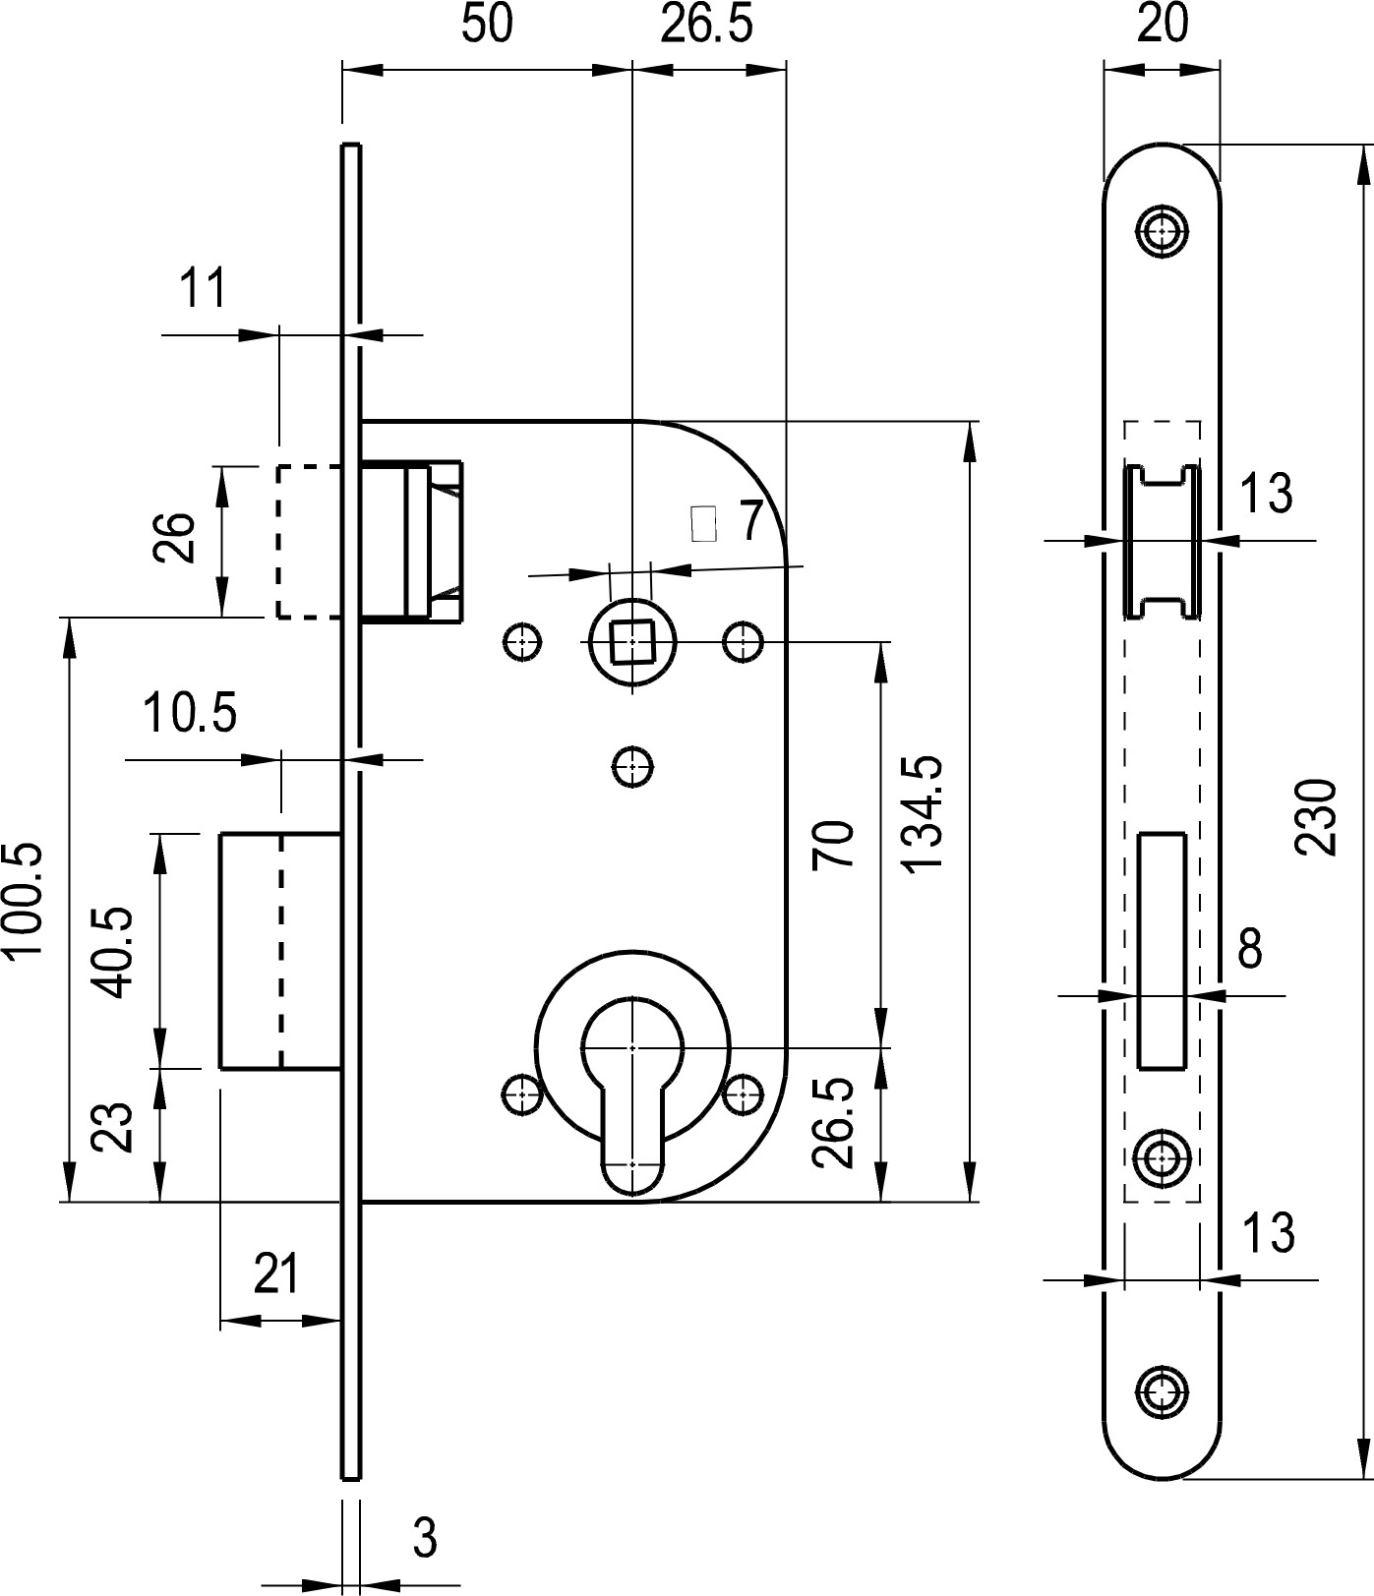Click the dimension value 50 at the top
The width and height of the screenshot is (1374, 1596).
pos(487,24)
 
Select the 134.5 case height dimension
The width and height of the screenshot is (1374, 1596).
pos(924,812)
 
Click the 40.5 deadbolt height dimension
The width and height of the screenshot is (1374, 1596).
pos(115,952)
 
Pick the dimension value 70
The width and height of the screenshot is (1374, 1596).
pos(834,844)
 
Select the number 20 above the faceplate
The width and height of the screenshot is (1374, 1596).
pos(1163,24)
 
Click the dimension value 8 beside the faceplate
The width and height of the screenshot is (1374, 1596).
pos(1250,949)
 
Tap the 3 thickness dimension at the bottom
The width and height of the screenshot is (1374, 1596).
pos(424,1537)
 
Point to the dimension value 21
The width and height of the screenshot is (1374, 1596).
pos(276,1274)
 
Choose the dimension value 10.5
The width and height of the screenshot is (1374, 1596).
pos(191,714)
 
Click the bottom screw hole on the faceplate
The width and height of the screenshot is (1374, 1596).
pos(1163,1391)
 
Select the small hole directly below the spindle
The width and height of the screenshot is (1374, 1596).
pos(633,766)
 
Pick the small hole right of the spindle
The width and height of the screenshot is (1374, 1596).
pos(743,641)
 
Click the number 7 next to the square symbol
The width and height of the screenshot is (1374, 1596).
pos(750,520)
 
